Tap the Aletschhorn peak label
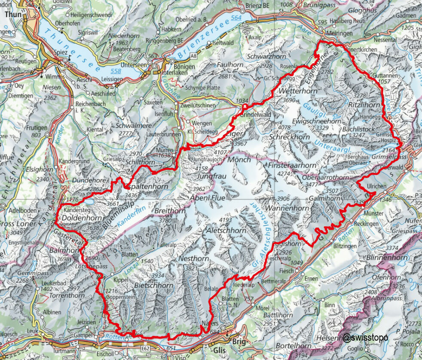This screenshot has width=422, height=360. click(226, 231)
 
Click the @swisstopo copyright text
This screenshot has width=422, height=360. click(365, 337)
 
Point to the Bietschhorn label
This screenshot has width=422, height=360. click(154, 286)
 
